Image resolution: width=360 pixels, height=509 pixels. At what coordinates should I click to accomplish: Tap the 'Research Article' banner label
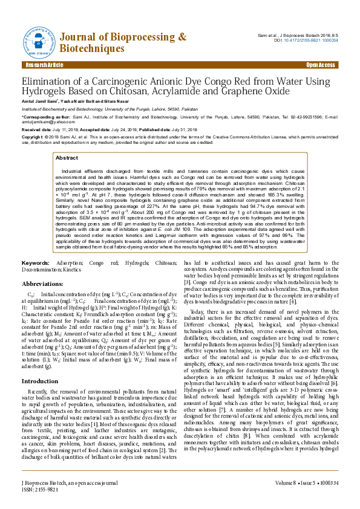[x=44, y=65]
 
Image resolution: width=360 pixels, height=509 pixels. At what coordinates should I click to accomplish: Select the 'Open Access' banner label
[x=320, y=65]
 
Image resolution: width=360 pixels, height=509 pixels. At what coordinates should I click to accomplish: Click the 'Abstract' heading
[x=67, y=157]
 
